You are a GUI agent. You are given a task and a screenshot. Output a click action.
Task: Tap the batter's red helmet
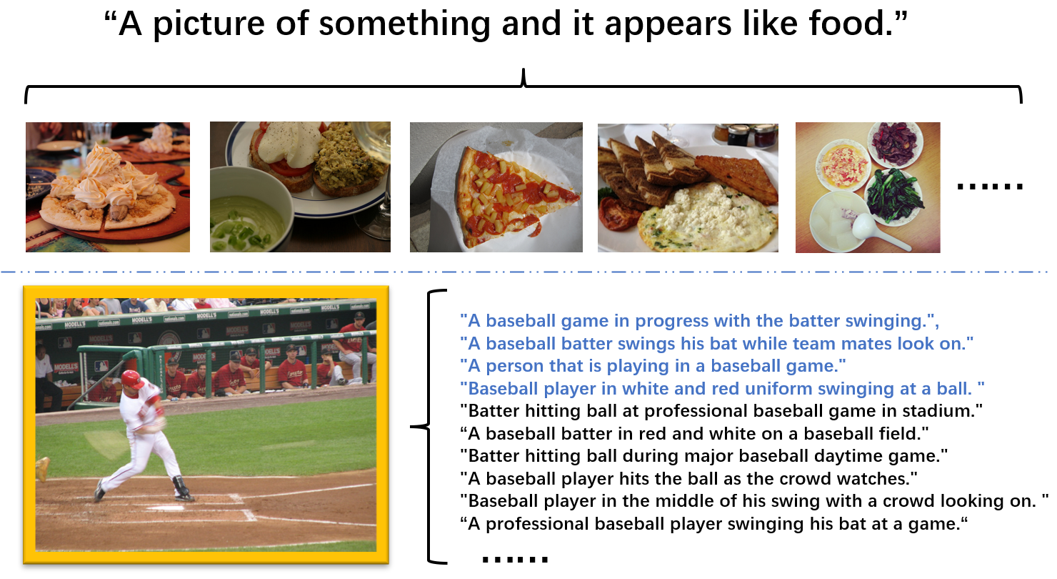(x=132, y=380)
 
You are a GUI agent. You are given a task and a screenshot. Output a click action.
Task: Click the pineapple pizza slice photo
(x=496, y=187)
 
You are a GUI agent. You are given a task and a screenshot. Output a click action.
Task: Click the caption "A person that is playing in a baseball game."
(x=653, y=366)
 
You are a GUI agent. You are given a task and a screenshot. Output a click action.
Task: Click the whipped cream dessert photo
(x=108, y=187)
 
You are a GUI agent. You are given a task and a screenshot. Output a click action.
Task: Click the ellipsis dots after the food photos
(x=990, y=187)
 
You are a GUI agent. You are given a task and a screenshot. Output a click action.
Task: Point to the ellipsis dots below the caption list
(x=515, y=560)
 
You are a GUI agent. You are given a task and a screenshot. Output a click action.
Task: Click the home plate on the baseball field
(x=165, y=508)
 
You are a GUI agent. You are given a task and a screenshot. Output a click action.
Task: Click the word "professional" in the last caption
(x=536, y=524)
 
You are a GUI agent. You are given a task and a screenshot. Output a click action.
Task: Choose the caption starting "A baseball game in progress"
(x=700, y=321)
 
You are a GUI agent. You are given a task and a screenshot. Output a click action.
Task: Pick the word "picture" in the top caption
(x=209, y=24)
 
